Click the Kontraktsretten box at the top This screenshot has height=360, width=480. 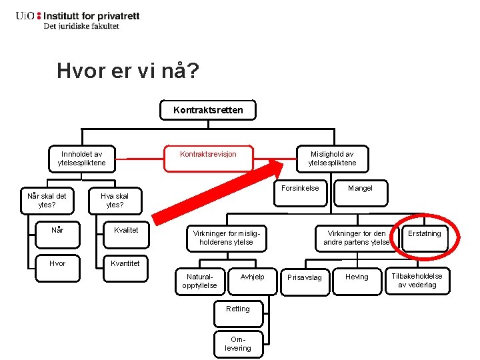coord(208,110)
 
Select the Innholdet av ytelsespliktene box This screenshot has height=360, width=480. coord(81,159)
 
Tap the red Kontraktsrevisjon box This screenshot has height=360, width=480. coord(208,155)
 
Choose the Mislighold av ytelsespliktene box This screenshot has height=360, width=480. coord(332,159)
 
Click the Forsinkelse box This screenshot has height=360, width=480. coord(300,189)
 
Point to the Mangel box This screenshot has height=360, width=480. coord(360,189)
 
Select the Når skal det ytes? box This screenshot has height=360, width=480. coord(47,201)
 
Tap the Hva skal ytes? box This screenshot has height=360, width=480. coord(115,201)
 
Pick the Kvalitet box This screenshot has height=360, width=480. coord(125,231)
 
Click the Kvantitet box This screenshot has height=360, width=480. coord(125,263)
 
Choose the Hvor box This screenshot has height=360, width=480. coord(58,263)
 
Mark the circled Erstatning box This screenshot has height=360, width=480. coord(425,234)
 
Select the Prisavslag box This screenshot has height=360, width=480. coord(304,277)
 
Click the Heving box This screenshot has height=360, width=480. coord(357,277)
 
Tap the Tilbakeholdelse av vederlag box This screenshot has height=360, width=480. coord(417,281)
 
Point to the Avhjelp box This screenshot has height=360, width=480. coord(253,277)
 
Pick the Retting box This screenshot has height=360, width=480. coord(238,309)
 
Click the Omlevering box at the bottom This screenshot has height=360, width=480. coord(238,344)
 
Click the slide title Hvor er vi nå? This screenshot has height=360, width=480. coord(127,71)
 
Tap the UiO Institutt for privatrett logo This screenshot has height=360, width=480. coord(77,20)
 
